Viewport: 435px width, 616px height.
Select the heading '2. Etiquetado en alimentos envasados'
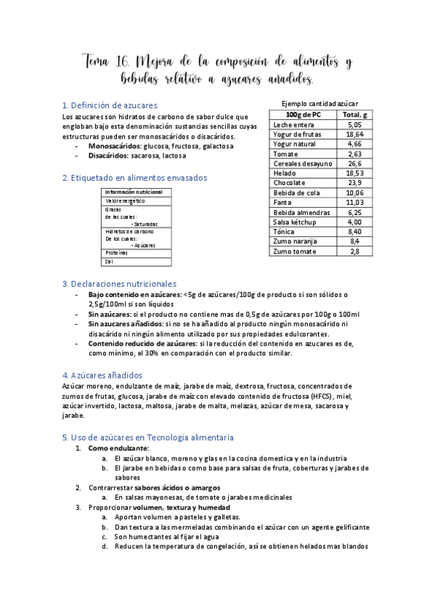(x=134, y=177)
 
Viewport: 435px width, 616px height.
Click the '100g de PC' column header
(x=303, y=115)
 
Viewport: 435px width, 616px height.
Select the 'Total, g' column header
(x=354, y=115)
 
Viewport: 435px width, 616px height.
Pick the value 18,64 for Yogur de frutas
(x=354, y=134)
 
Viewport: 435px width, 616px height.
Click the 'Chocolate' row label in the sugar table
(x=290, y=183)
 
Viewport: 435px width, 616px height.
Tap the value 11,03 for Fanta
(x=354, y=203)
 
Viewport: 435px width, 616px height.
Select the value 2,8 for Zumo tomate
(x=354, y=251)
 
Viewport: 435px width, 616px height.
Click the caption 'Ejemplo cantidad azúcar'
(x=320, y=104)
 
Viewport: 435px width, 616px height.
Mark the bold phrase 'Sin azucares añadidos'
(x=126, y=323)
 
